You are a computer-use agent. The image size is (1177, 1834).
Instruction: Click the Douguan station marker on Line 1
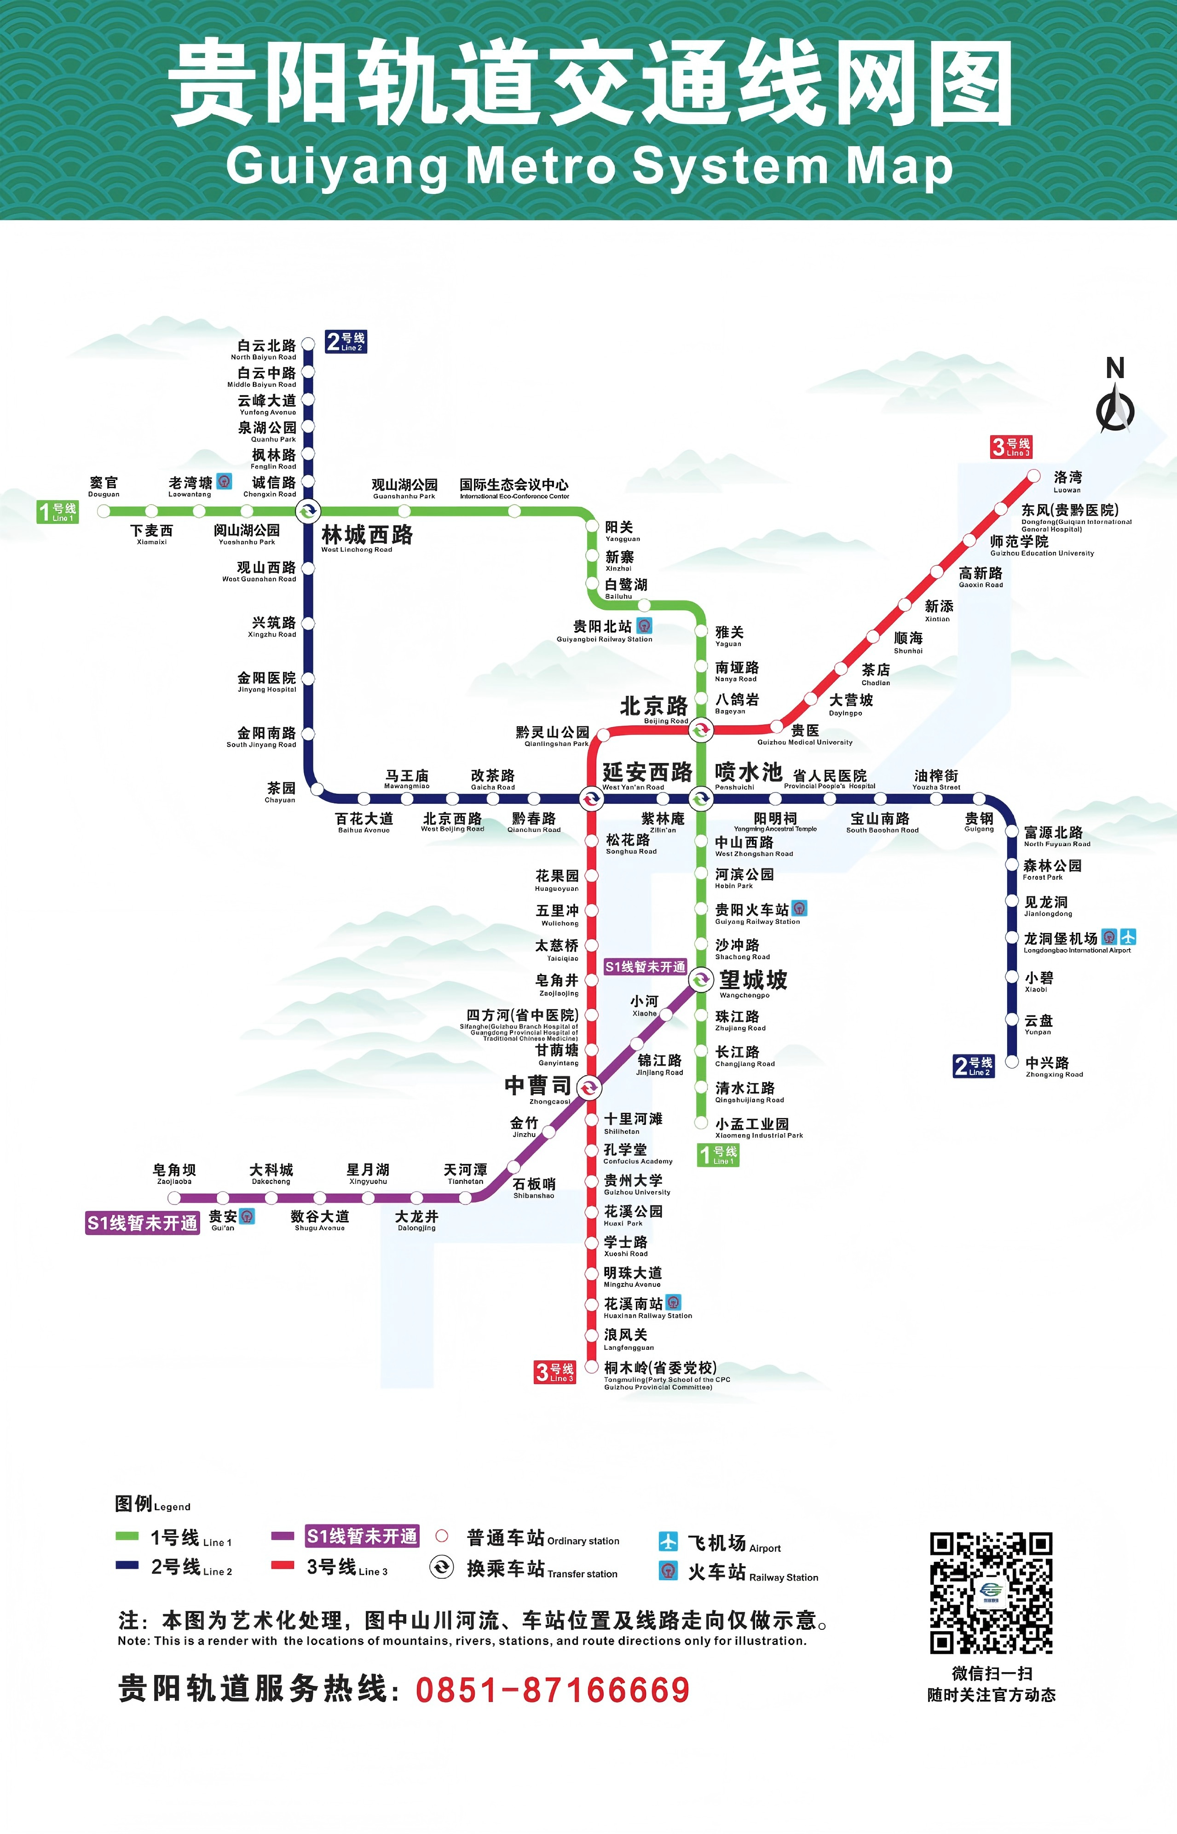click(x=104, y=511)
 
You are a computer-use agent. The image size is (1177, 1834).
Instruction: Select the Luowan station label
click(x=1067, y=481)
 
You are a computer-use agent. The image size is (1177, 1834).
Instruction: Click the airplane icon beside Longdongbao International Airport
click(x=1128, y=936)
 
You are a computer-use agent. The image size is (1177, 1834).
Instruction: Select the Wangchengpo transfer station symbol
click(x=701, y=979)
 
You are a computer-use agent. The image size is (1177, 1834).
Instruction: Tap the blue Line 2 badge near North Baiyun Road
click(x=346, y=341)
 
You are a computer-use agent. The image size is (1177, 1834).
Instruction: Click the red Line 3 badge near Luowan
click(x=1011, y=447)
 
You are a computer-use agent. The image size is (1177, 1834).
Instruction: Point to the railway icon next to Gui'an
click(x=247, y=1216)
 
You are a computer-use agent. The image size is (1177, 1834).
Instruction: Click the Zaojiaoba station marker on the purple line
click(x=174, y=1198)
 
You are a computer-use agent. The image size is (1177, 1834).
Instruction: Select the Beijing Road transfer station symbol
click(x=701, y=730)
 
